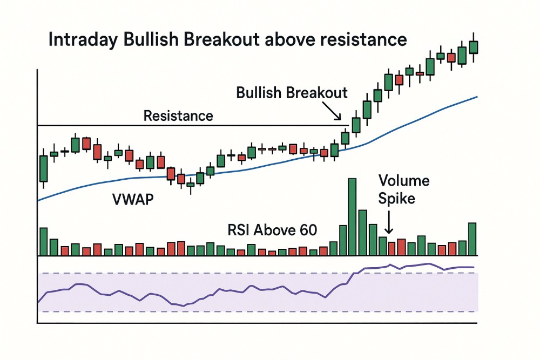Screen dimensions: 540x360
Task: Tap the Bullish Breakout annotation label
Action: click(x=292, y=93)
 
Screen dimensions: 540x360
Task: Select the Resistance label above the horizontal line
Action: click(x=178, y=116)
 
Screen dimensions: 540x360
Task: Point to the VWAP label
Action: click(x=133, y=199)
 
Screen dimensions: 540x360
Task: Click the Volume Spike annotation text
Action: click(x=403, y=189)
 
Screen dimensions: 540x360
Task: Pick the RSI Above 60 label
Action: click(x=272, y=230)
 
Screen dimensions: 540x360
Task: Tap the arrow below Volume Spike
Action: click(x=388, y=222)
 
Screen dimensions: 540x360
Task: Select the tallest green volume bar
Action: click(x=352, y=217)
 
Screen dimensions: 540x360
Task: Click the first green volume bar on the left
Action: click(x=43, y=242)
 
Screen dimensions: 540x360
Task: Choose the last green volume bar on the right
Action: click(x=472, y=239)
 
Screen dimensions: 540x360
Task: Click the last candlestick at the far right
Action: click(x=474, y=47)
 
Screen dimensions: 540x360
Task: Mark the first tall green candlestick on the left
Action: click(x=43, y=168)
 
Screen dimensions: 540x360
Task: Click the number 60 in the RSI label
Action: click(x=308, y=230)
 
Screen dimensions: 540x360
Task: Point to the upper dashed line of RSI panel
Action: click(x=258, y=273)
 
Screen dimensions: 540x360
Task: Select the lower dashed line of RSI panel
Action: click(x=258, y=311)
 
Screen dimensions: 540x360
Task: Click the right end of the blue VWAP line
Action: click(x=477, y=97)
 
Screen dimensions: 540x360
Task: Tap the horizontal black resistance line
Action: click(x=193, y=125)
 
